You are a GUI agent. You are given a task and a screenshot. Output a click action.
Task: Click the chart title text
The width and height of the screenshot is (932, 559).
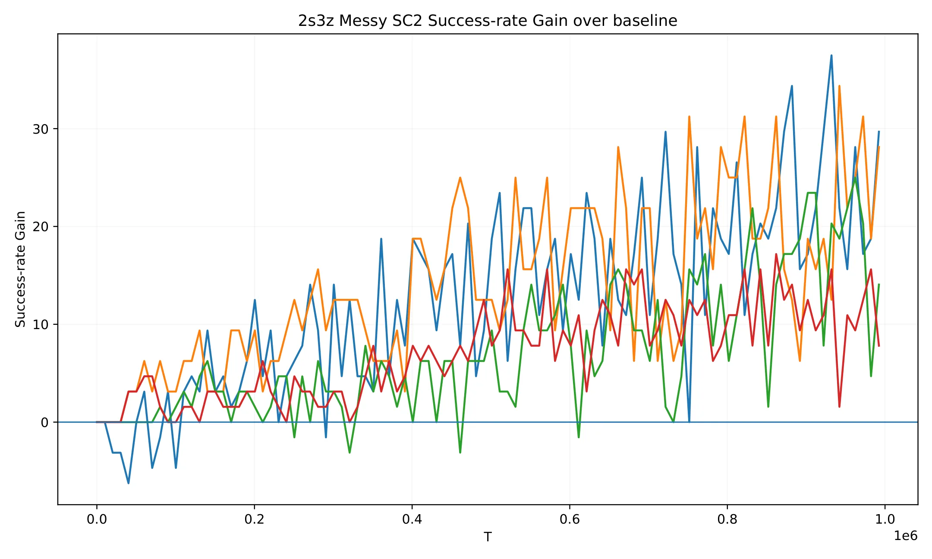[x=488, y=20]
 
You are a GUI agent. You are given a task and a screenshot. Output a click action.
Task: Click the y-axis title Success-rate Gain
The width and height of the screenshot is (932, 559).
[x=20, y=269]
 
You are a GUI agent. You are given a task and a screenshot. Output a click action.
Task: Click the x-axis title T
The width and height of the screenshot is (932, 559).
[x=488, y=537]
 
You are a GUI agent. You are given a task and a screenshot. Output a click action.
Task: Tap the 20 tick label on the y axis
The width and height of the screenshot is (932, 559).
[x=41, y=226]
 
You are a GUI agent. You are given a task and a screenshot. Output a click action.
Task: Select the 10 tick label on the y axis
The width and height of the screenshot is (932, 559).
[x=41, y=324]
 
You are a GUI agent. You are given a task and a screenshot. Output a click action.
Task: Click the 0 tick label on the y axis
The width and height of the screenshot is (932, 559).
[x=44, y=422]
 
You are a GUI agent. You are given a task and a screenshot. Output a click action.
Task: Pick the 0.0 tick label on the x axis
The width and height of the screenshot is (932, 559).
[x=97, y=519]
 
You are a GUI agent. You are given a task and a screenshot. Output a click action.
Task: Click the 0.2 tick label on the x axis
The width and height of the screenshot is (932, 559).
[x=255, y=519]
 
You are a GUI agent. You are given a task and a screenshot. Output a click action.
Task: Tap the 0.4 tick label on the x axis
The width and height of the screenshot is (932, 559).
[x=412, y=519]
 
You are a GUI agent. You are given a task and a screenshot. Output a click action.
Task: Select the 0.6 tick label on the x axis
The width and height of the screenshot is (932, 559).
[x=570, y=519]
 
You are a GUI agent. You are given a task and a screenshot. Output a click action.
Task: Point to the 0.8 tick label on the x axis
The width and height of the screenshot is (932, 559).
[x=727, y=519]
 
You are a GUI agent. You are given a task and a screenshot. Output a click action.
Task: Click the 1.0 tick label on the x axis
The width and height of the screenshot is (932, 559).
[x=885, y=519]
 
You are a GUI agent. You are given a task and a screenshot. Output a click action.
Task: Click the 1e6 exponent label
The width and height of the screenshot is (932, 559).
[x=906, y=536]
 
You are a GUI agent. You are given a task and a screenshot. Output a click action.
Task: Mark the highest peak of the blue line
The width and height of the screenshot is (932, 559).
[x=831, y=55]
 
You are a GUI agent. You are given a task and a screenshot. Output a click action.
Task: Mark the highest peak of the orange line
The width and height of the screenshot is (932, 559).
[x=839, y=86]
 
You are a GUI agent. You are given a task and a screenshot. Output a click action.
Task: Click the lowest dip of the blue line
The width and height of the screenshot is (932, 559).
[x=128, y=483]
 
